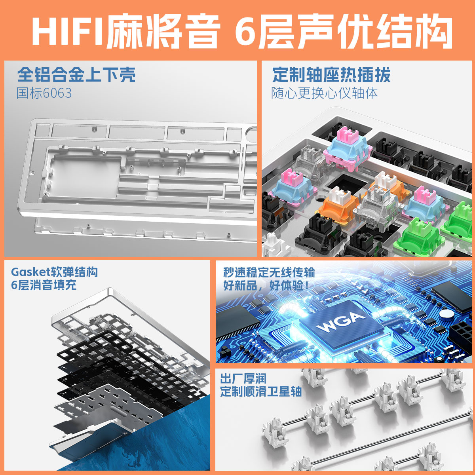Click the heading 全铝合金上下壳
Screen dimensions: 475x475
76,74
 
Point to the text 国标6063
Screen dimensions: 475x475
44,93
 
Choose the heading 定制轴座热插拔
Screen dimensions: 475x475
332,74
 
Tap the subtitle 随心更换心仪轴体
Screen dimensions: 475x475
325,93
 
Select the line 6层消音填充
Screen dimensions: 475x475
44,285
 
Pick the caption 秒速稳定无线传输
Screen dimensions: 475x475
269,272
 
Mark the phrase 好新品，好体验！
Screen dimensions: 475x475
266,285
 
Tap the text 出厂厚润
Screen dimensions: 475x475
243,379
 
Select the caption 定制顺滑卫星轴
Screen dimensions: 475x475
261,392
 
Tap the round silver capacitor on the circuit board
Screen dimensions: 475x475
447,314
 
